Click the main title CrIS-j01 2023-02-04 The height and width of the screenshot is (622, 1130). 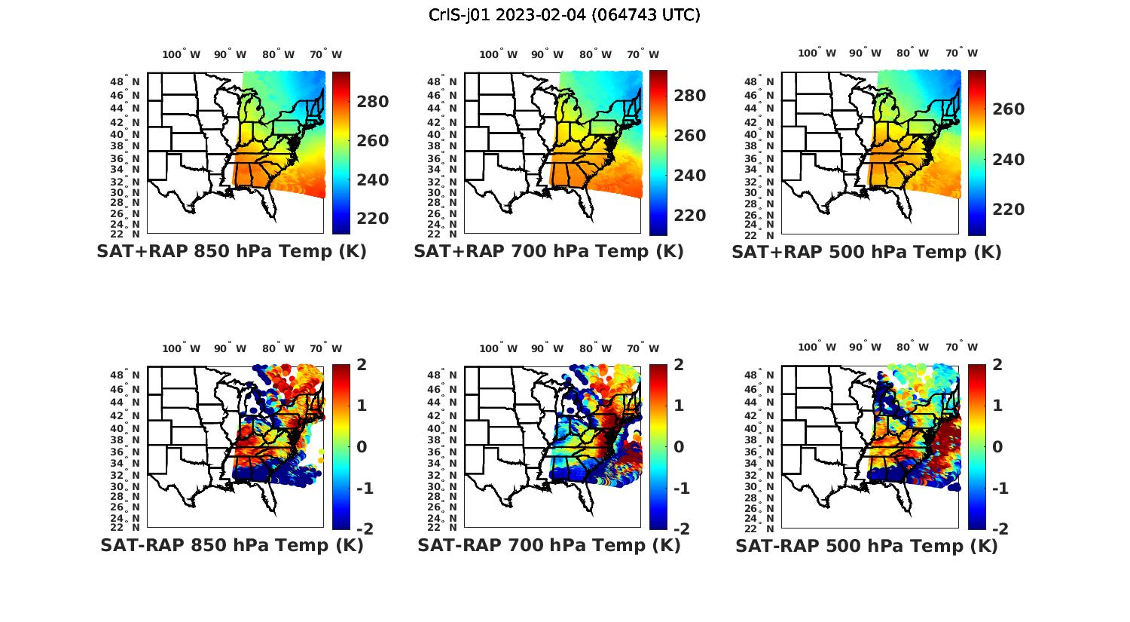564,15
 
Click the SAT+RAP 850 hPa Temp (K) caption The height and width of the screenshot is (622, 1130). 231,252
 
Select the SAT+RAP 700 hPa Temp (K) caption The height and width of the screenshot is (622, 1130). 548,252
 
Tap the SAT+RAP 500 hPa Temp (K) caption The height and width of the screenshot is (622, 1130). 866,253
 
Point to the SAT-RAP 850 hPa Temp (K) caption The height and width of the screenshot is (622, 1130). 231,545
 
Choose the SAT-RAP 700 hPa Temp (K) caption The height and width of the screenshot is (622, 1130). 548,545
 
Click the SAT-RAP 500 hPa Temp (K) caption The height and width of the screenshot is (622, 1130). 866,546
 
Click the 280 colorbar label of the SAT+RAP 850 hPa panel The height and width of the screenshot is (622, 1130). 372,102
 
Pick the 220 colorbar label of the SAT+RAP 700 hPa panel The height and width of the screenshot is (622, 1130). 689,216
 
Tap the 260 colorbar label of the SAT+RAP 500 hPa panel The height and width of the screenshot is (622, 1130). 1007,109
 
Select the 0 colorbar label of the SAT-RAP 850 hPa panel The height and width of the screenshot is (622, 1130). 361,446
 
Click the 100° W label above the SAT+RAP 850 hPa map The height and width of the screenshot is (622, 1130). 181,54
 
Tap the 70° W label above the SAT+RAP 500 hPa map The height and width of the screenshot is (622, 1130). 961,53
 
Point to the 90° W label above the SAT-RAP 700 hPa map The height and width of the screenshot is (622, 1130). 547,348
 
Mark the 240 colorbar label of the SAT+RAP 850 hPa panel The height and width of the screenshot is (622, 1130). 372,179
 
